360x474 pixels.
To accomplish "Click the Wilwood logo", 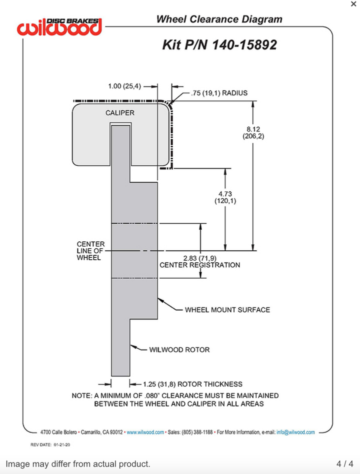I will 59,27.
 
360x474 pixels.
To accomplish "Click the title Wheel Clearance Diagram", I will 219,19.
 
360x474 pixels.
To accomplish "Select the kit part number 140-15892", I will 219,45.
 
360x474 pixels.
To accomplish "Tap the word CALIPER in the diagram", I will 120,113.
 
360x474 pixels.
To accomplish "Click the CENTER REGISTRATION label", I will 199,265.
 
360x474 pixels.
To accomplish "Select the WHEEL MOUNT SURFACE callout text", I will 227,310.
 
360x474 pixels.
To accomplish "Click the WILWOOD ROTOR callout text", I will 179,350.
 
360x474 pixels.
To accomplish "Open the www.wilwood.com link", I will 145,432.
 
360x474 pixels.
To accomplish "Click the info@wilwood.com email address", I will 295,432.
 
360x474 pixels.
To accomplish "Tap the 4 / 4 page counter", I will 345,464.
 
